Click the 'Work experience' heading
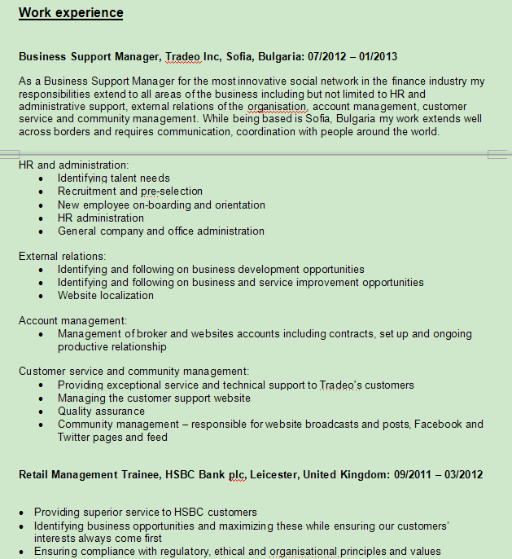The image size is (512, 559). pos(71,13)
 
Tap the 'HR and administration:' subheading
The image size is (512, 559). pos(74,165)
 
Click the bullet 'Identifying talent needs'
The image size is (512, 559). pos(114,178)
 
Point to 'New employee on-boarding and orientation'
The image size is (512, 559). pos(161,205)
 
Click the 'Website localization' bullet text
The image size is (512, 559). pos(106,295)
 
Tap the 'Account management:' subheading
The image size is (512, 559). pos(73,321)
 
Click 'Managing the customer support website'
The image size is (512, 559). pos(154,398)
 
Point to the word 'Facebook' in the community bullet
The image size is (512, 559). pos(442,424)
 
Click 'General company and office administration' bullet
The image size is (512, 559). pos(161,231)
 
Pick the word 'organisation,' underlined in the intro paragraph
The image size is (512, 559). pos(278,107)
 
